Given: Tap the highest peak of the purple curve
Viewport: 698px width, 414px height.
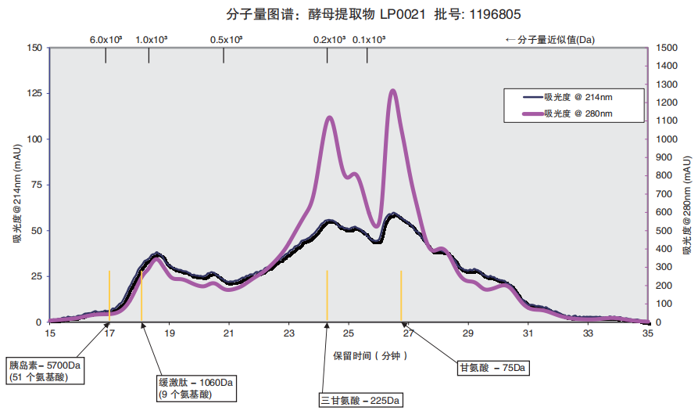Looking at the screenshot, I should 392,91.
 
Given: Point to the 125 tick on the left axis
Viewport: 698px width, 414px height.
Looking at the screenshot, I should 34,94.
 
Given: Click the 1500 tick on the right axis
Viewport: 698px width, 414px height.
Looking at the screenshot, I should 665,48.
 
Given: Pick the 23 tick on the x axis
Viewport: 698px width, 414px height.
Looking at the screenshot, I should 288,333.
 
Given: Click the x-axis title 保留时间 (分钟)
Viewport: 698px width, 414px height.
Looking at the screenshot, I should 370,355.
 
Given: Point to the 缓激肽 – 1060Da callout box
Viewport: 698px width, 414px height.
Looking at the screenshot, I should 196,388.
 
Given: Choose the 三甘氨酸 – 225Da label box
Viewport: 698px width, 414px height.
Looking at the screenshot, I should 360,401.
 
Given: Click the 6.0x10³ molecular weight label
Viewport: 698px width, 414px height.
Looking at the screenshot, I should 106,39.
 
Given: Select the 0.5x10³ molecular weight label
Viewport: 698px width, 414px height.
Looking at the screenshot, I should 227,39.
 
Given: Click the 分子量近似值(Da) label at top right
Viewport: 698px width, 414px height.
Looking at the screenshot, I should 549,39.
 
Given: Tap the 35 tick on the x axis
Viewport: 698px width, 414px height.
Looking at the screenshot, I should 647,333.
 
